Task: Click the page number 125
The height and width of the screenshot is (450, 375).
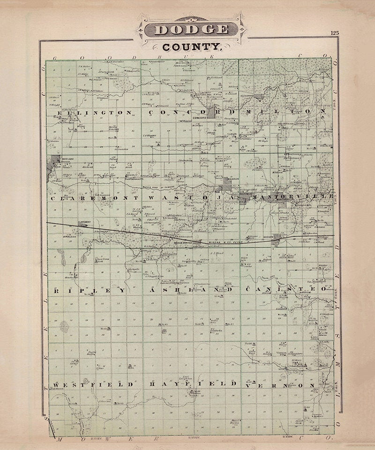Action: pyautogui.click(x=334, y=33)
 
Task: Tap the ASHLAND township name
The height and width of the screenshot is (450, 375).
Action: pyautogui.click(x=185, y=291)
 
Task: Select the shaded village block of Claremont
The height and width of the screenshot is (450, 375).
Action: pyautogui.click(x=84, y=225)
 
